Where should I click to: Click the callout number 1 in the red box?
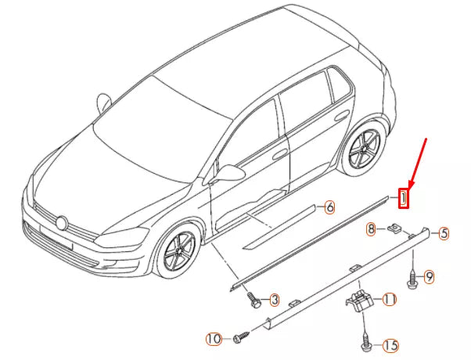click(403, 198)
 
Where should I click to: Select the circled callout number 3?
click(275, 300)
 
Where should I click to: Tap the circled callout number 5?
click(443, 232)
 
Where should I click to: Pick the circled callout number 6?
click(329, 207)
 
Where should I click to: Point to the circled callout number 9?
click(429, 276)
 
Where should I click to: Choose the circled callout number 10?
click(212, 339)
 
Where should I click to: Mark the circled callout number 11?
click(389, 300)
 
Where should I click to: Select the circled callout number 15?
click(389, 344)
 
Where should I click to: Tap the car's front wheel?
click(178, 252)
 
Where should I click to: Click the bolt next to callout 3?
click(253, 299)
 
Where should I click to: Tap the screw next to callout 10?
click(238, 338)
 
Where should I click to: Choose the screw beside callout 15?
click(366, 343)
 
